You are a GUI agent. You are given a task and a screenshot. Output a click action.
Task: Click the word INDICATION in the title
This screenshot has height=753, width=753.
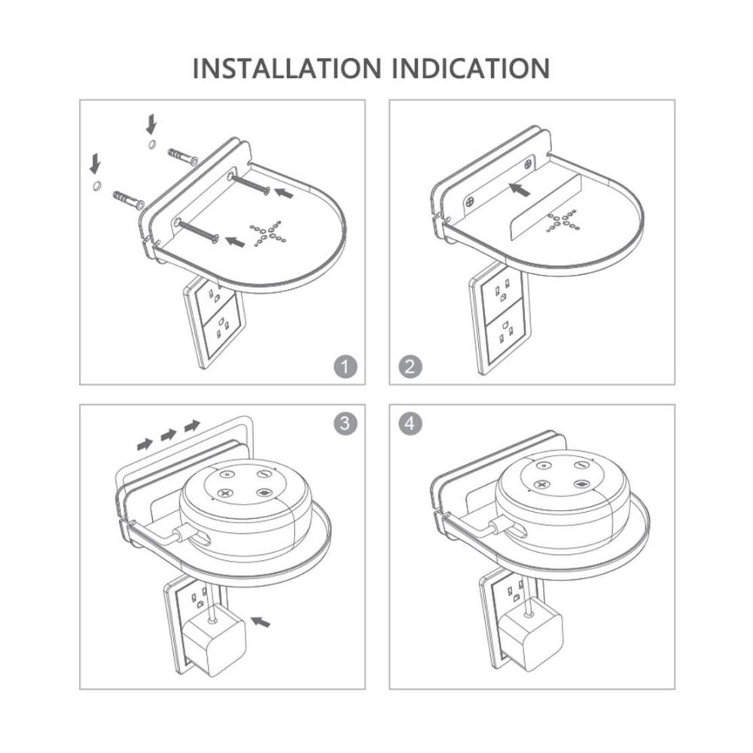coord(471,69)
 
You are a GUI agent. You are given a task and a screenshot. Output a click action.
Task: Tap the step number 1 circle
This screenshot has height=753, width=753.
coord(346,367)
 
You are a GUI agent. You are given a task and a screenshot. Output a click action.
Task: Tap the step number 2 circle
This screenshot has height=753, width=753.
coord(410,367)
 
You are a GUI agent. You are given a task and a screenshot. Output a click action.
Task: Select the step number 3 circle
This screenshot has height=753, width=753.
coord(346,423)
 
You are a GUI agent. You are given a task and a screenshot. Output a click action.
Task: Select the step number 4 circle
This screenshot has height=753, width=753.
coord(410,423)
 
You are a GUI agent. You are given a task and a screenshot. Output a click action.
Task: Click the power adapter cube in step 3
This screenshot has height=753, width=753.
coord(214,640)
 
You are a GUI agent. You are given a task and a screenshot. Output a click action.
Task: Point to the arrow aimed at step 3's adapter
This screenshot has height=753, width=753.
coord(261,622)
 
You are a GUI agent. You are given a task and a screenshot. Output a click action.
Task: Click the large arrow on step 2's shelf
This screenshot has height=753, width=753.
coord(519,189)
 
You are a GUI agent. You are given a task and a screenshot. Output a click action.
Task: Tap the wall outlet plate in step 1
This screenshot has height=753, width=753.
coord(215,323)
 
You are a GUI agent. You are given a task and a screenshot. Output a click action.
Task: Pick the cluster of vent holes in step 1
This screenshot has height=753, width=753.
coord(267,233)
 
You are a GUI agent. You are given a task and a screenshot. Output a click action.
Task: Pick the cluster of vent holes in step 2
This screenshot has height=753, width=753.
coord(562,222)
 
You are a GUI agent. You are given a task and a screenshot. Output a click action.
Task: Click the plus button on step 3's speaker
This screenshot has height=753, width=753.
coord(224,492)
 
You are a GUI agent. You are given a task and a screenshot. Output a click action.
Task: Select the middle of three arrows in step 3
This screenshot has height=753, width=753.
coord(169,435)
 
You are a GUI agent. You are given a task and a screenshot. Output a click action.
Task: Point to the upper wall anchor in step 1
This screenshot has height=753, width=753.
coord(183,156)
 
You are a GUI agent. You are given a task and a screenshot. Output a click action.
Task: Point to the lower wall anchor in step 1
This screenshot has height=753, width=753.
coord(128,200)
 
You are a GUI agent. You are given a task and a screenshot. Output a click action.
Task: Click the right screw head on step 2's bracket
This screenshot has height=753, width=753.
coord(528,163)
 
